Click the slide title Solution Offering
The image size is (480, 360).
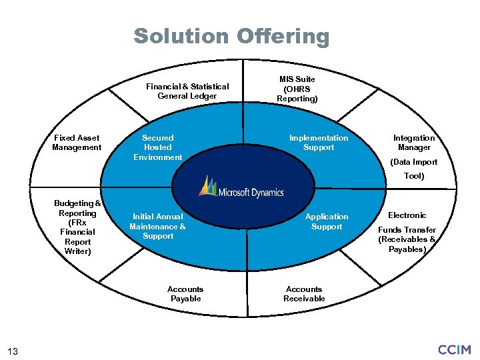[x=231, y=36]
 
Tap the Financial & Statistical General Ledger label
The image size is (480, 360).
[x=187, y=91]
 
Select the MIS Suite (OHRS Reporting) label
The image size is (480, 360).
[x=297, y=89]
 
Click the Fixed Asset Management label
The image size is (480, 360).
[x=77, y=143]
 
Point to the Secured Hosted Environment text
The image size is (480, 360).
[x=158, y=147]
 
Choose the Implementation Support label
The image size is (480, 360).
[x=319, y=143]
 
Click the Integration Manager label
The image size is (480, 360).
[x=414, y=143]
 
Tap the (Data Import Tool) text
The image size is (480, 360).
[x=414, y=169]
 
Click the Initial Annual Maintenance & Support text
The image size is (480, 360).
[x=158, y=226]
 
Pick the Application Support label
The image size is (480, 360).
[x=327, y=221]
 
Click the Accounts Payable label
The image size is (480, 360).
[x=185, y=294]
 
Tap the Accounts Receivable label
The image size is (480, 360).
[x=304, y=294]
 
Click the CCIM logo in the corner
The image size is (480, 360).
[x=455, y=349]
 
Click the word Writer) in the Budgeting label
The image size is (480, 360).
[x=78, y=251]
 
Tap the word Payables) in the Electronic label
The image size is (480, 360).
[x=407, y=249]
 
